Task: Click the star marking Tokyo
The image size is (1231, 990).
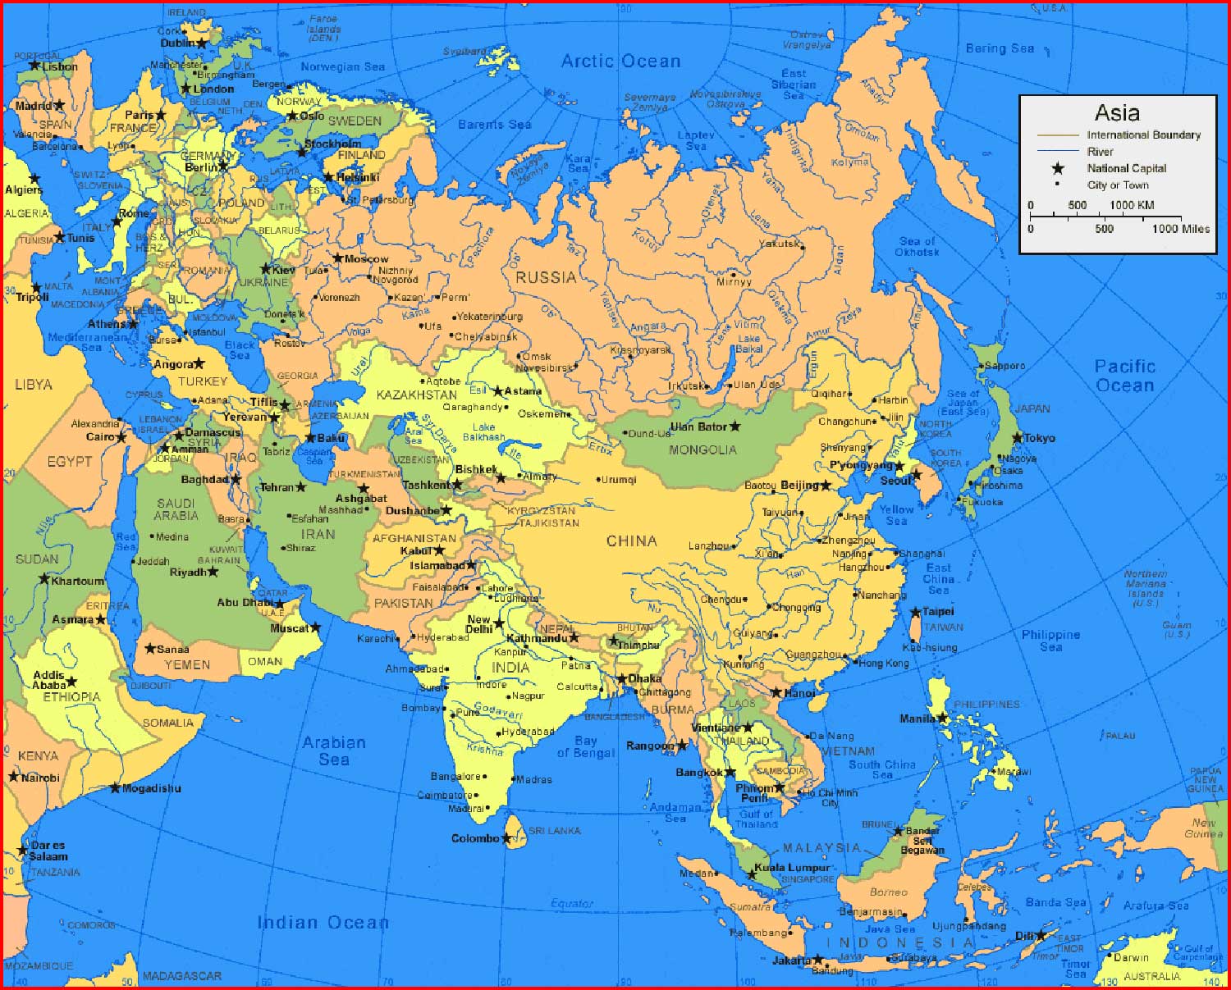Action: pos(1018,438)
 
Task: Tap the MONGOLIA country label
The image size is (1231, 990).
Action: pos(702,449)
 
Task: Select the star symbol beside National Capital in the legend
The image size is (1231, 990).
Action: pos(1058,168)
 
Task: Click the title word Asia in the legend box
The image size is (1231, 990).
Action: pos(1117,112)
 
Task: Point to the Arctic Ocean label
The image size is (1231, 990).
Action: pos(620,62)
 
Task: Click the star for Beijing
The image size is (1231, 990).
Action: pos(826,486)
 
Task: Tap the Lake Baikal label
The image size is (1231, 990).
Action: pos(748,344)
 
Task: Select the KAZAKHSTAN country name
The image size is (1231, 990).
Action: pos(416,395)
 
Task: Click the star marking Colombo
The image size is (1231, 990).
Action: pos(506,838)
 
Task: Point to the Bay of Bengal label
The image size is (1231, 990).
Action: pos(585,747)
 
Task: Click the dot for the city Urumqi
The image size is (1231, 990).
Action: pos(598,480)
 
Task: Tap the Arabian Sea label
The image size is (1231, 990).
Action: pos(333,750)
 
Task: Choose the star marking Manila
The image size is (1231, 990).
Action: pos(943,719)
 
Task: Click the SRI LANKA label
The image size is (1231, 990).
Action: pos(554,831)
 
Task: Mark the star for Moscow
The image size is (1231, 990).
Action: pos(337,258)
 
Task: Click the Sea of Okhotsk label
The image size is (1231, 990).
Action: pos(917,246)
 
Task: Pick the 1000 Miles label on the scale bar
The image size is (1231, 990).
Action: pos(1180,229)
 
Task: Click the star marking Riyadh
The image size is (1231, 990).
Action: pos(213,572)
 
